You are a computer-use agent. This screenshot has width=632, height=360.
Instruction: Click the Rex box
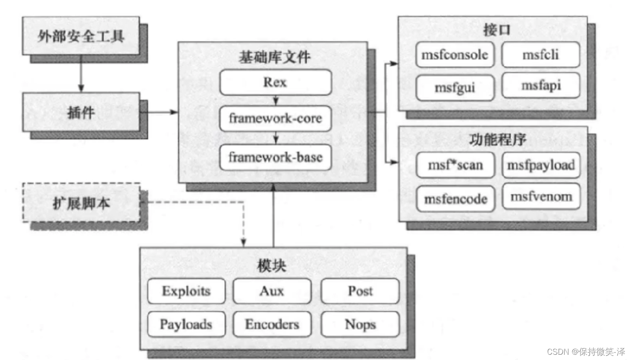pos(276,82)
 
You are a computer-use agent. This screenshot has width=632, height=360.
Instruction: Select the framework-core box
pos(276,119)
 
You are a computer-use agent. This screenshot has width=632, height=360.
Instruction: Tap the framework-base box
pos(276,157)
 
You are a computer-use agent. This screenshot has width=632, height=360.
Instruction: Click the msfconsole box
pos(455,55)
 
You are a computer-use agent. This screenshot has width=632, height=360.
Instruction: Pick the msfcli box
pos(541,55)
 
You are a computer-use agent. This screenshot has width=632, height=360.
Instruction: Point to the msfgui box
pos(455,88)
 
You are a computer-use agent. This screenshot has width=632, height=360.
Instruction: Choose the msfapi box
pos(541,85)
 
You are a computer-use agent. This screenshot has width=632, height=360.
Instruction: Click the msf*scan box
pos(455,165)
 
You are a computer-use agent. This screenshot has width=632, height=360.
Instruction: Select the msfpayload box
pos(541,165)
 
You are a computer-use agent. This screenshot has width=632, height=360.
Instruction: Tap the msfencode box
pos(456,199)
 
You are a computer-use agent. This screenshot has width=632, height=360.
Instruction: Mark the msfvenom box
pos(541,196)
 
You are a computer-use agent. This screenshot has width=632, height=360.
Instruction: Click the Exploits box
pos(186,291)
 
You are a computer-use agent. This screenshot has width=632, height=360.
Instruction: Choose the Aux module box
pos(272,291)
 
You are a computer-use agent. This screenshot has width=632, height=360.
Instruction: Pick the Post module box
pos(360,291)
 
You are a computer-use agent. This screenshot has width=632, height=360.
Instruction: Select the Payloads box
pos(186,324)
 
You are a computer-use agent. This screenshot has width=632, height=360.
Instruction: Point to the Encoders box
pos(272,324)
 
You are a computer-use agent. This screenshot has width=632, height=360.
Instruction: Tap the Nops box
pos(360,324)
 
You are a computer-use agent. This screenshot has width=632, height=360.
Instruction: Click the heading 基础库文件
pos(274,57)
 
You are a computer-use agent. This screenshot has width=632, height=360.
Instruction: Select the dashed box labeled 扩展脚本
pos(81,203)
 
